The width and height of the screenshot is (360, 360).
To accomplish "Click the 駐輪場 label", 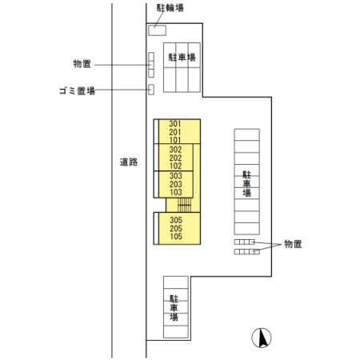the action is (170, 8).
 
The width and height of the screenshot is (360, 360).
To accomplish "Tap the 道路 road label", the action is (129, 162).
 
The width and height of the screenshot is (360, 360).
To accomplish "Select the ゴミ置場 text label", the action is (77, 91).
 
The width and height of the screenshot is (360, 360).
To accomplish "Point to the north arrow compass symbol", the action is (262, 338).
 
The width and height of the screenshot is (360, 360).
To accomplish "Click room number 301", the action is (175, 124).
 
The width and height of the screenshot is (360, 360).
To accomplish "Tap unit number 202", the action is (175, 158).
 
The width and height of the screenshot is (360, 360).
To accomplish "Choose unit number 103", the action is (176, 192).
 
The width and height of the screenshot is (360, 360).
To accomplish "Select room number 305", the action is (176, 220).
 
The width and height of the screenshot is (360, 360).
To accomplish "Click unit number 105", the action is (176, 236).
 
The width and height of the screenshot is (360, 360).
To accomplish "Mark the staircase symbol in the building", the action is (185, 205).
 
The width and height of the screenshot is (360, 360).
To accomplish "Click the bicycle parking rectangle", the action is (158, 30).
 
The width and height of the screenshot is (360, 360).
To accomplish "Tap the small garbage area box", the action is (151, 90).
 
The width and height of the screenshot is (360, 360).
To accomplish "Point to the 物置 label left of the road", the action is (82, 64).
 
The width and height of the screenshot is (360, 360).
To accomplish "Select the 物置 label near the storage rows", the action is (293, 244).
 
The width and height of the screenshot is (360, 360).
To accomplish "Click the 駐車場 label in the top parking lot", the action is (182, 58).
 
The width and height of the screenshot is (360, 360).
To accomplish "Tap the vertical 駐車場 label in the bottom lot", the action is (174, 308).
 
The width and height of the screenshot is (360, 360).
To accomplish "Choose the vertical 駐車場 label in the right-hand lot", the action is (247, 184).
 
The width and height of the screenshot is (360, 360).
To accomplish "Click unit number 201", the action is (175, 132).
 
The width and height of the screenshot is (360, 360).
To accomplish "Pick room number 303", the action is (176, 176).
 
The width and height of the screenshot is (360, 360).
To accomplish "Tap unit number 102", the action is (175, 166).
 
